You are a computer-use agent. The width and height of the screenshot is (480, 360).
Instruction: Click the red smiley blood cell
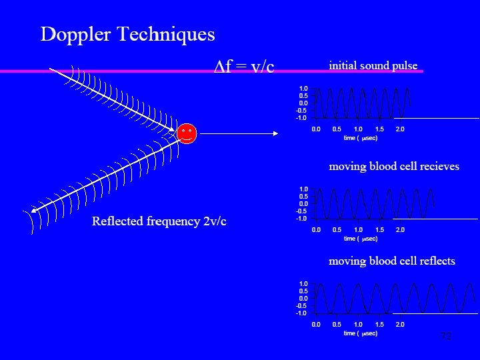coord(187,134)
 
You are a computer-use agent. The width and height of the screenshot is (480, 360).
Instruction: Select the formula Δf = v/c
coord(243,65)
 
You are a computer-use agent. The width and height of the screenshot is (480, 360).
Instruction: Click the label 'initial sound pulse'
coord(373,65)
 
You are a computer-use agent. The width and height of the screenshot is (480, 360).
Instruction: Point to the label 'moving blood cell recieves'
coord(394,166)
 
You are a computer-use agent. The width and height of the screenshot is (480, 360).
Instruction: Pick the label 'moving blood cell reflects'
coord(392,261)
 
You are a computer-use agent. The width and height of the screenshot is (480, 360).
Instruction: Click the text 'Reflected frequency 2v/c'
coord(159,221)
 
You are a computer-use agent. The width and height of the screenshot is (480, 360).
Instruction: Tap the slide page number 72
coord(446,336)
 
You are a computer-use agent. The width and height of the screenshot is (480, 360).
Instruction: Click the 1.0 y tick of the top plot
coord(303,88)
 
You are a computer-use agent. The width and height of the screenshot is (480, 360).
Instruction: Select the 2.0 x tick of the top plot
coord(400,129)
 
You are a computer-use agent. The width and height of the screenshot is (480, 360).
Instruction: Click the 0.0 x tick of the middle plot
coord(316,230)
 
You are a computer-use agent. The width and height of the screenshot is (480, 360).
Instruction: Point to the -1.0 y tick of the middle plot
coord(302,218)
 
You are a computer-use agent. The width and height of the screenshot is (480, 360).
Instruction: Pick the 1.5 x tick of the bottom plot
coord(379,325)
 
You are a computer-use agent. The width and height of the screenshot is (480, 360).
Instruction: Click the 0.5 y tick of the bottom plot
coord(303,291)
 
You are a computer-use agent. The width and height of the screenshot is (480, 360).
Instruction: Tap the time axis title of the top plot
coord(360,138)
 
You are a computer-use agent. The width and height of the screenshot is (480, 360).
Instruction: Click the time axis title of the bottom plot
coord(360,333)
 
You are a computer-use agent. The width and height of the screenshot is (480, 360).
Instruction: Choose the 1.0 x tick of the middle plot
coord(358,230)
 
